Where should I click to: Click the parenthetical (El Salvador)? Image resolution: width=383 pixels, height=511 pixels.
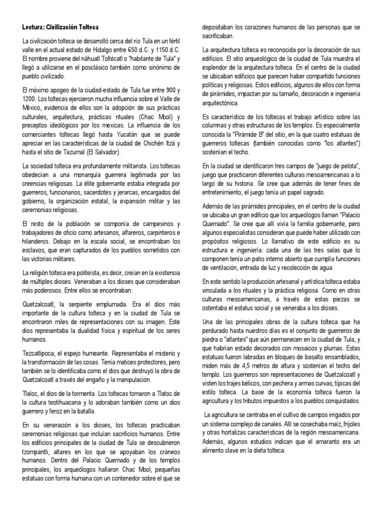click(111, 152)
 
